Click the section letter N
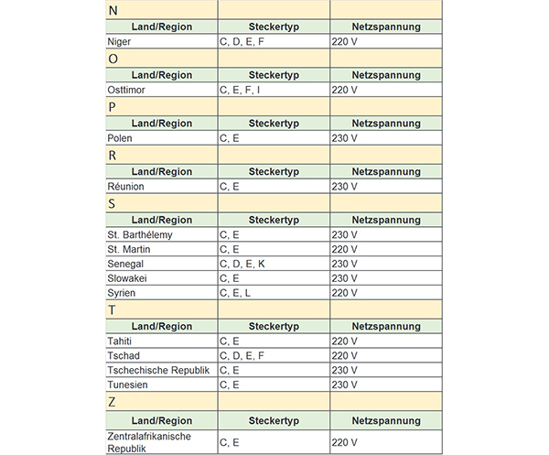tap(113, 10)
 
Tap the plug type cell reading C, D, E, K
tap(242, 264)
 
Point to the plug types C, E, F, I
tap(240, 90)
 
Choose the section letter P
tap(112, 107)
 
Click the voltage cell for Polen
tap(345, 138)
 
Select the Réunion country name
tap(125, 187)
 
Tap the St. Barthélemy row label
tap(140, 235)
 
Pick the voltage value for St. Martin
tap(345, 249)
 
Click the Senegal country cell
tap(126, 264)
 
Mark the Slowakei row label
tap(129, 277)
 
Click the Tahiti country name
tap(120, 341)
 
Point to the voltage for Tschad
tap(345, 355)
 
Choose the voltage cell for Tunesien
tap(345, 385)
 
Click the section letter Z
tap(112, 402)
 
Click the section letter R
tap(112, 155)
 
